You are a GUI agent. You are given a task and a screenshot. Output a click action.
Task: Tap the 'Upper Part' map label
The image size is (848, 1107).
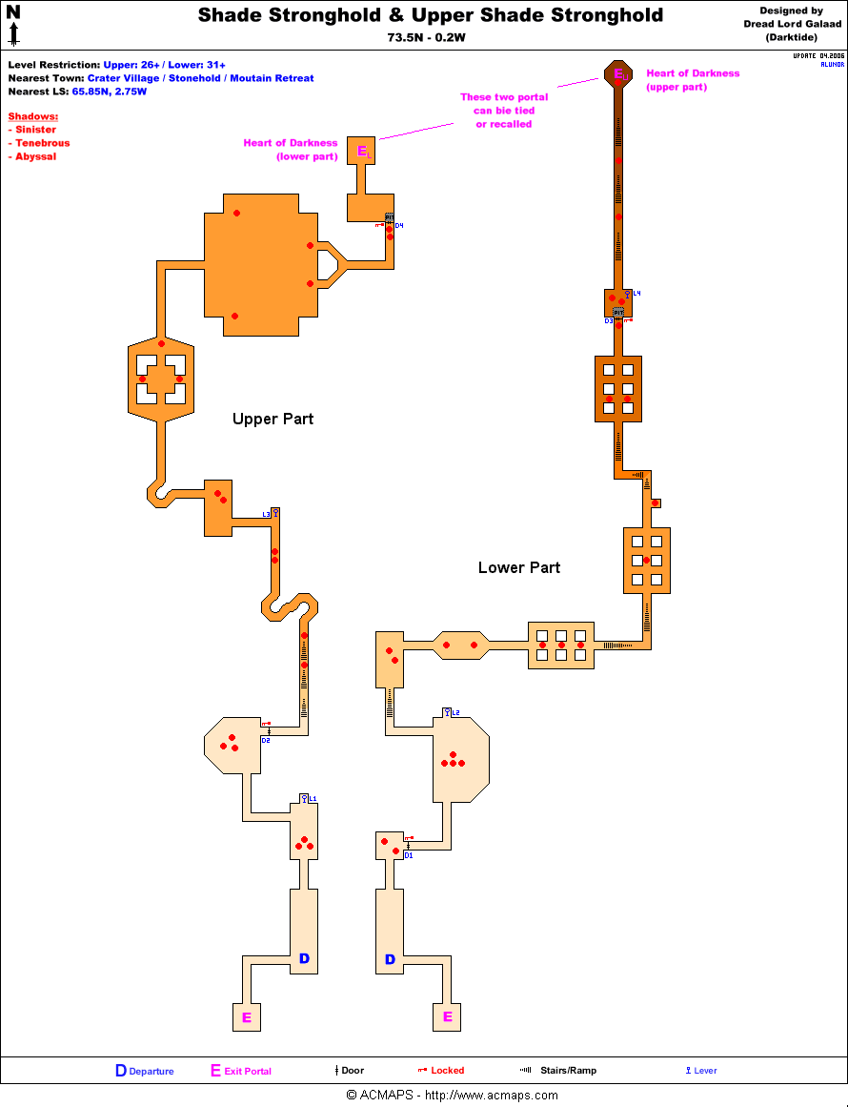click(x=273, y=419)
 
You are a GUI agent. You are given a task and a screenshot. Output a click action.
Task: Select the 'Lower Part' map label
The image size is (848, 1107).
click(x=518, y=567)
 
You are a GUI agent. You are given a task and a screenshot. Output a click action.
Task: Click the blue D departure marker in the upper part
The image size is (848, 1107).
click(x=304, y=958)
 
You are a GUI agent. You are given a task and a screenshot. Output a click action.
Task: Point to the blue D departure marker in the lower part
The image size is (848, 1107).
click(x=390, y=959)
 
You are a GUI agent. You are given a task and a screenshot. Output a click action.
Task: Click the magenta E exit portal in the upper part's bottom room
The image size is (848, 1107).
click(x=247, y=1017)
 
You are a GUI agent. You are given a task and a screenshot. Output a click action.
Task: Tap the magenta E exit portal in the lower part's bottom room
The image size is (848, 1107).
click(x=447, y=1017)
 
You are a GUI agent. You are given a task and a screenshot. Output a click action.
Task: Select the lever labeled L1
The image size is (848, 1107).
click(x=304, y=798)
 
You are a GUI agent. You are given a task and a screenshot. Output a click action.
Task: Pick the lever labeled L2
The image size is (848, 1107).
click(x=447, y=712)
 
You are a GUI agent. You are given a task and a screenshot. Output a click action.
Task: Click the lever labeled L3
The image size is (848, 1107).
click(x=275, y=513)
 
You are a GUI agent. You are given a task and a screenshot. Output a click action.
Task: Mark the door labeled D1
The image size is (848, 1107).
click(x=408, y=847)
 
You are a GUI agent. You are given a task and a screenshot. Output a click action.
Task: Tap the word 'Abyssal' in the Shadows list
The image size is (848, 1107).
click(x=35, y=156)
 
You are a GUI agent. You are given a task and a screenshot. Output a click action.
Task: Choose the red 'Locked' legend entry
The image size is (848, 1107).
click(x=440, y=1070)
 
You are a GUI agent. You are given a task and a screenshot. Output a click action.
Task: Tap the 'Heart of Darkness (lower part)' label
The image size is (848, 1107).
click(x=291, y=150)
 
